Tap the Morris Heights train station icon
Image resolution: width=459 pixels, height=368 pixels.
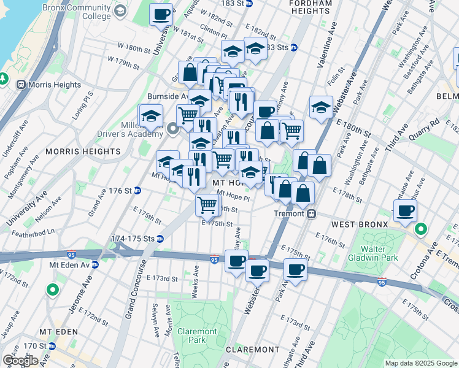(x=22, y=85)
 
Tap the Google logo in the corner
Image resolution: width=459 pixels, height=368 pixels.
(x=20, y=361)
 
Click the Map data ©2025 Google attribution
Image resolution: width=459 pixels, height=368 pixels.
(x=421, y=363)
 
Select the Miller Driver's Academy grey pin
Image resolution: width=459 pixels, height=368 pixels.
(x=173, y=128)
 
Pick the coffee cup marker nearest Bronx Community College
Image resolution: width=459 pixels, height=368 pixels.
(x=161, y=14)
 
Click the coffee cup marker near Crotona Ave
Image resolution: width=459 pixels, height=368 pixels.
(x=404, y=212)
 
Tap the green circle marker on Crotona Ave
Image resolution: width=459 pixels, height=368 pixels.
(x=421, y=231)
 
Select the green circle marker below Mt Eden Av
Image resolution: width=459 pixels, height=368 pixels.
(x=53, y=289)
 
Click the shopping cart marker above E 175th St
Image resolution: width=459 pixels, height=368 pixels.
(x=207, y=204)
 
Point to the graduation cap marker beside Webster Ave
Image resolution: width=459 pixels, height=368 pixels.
(x=321, y=107)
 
